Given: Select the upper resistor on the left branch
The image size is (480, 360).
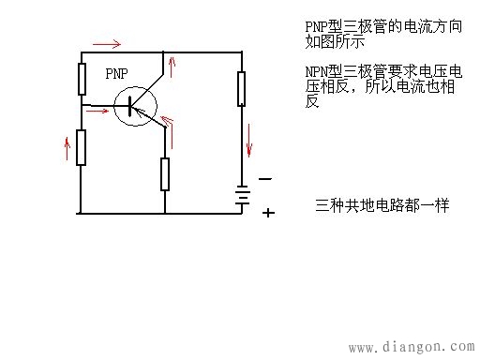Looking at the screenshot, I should pyautogui.click(x=82, y=80).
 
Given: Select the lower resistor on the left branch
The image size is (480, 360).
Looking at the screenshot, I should pyautogui.click(x=82, y=147).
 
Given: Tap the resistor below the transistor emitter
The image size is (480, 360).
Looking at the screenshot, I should pyautogui.click(x=164, y=173).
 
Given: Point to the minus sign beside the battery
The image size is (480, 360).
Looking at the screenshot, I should pyautogui.click(x=265, y=178).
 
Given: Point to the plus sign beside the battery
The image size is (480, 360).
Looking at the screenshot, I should pyautogui.click(x=268, y=213).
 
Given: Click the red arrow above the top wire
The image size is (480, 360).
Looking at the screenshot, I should pyautogui.click(x=105, y=43).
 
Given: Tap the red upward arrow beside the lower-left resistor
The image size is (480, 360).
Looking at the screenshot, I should pyautogui.click(x=66, y=146).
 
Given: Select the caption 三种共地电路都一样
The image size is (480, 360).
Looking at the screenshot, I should pyautogui.click(x=382, y=204).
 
